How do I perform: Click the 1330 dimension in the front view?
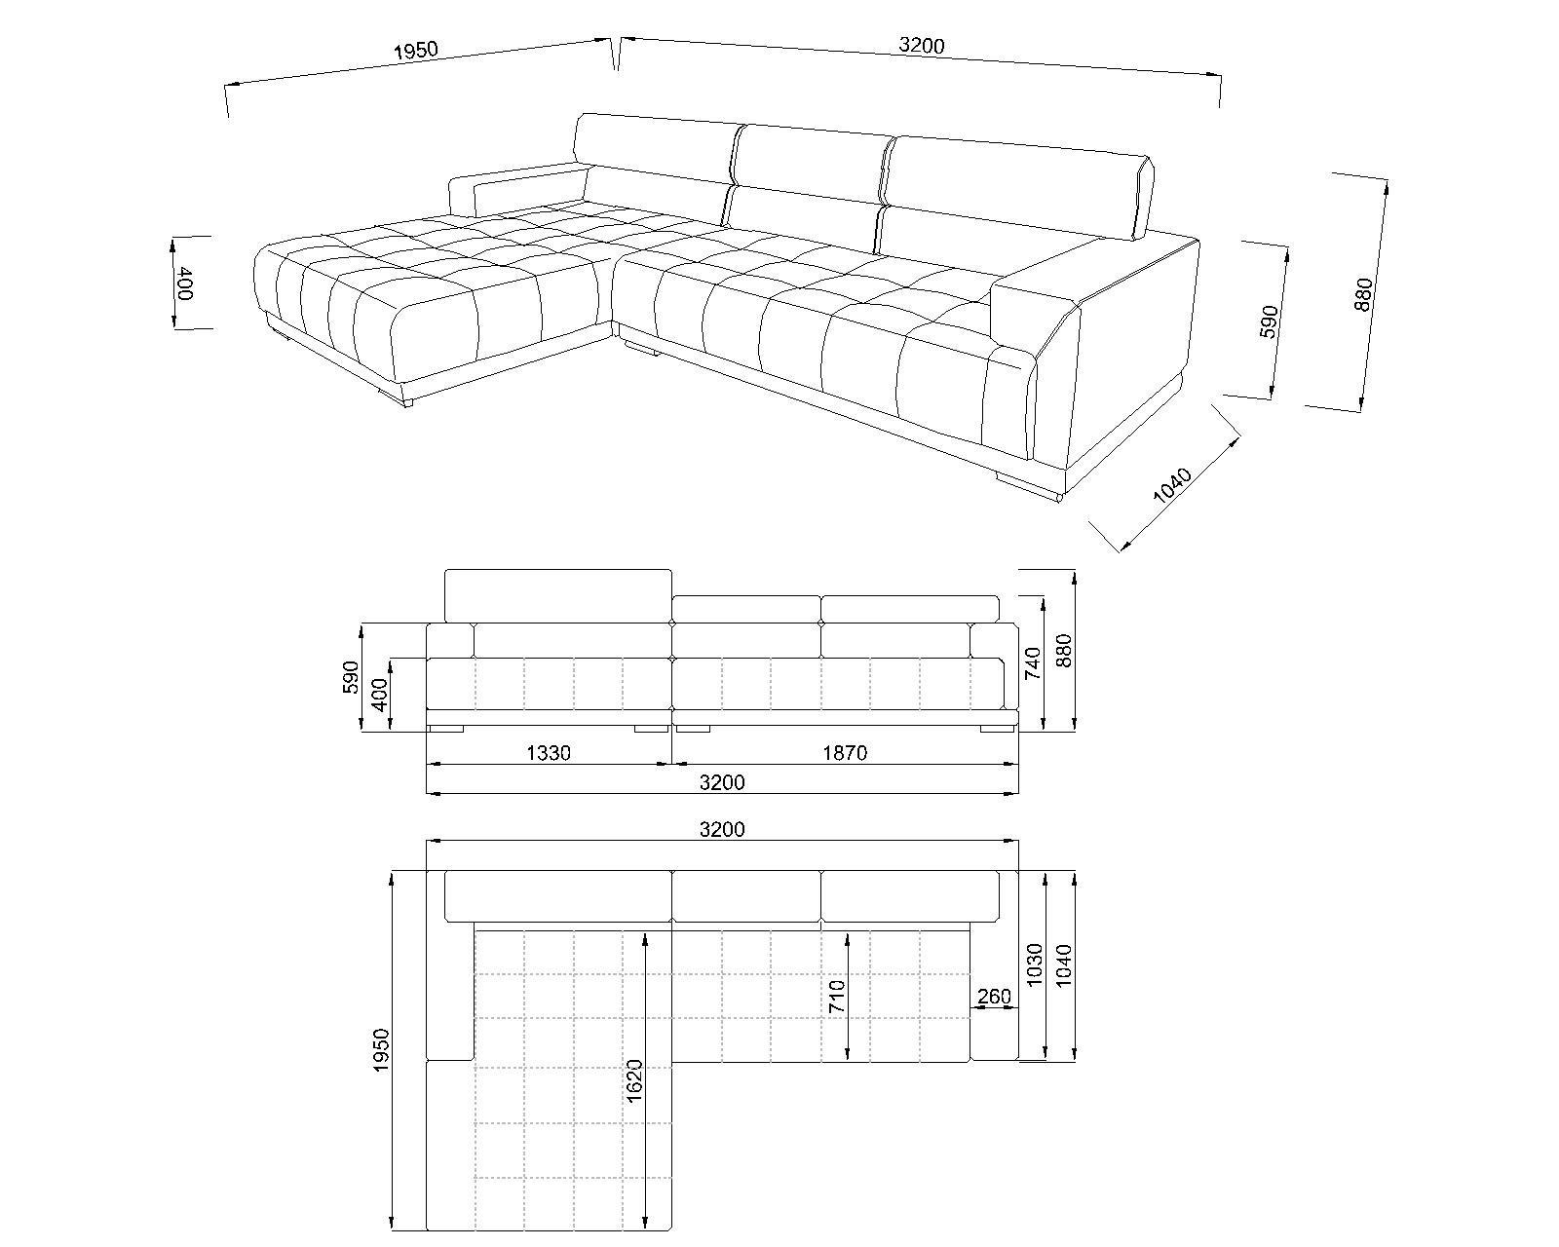coord(549,754)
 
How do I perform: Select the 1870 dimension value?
coord(845,754)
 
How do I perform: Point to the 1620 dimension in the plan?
coord(634,1081)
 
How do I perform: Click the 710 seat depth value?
coord(837,997)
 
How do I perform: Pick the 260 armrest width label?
coord(994,997)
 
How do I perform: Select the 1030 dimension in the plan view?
coord(1035,964)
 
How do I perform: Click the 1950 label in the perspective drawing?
coord(416,50)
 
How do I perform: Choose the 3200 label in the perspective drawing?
coord(922,46)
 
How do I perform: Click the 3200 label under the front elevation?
coord(722,783)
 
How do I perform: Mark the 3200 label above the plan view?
coord(722,830)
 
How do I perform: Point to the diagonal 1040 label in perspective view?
coord(1172,485)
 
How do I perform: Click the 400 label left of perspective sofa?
coord(185,283)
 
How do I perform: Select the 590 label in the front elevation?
coord(351,677)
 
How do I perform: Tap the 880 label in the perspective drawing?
coord(1363,295)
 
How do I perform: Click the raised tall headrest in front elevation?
coord(558,596)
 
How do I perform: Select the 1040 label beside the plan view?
coord(1064,964)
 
